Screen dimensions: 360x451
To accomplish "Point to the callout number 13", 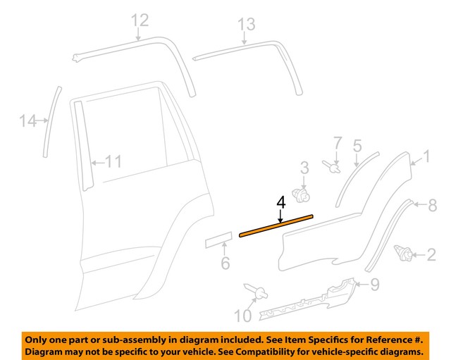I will click(x=245, y=25).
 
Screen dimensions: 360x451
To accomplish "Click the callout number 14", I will click(x=27, y=122).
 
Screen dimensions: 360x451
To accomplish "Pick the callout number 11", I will click(x=113, y=162).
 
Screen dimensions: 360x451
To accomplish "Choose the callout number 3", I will click(x=304, y=168).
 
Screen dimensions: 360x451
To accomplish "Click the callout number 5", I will click(x=357, y=146).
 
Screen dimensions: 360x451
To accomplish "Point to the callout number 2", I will click(x=431, y=254).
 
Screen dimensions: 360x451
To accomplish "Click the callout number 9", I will click(x=374, y=285).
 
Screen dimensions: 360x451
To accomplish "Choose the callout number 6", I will click(x=225, y=264).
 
